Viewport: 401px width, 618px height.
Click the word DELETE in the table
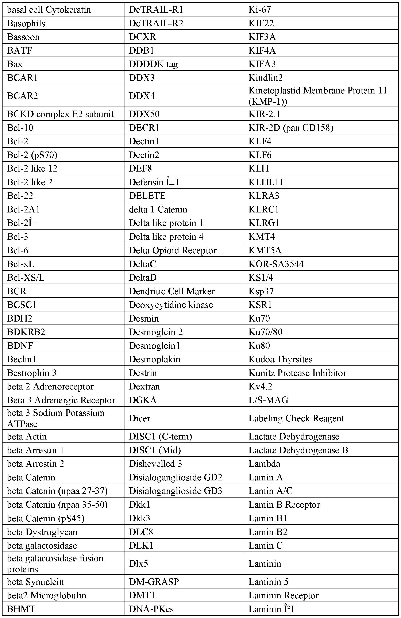[147, 196]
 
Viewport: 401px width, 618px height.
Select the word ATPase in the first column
[22, 424]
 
